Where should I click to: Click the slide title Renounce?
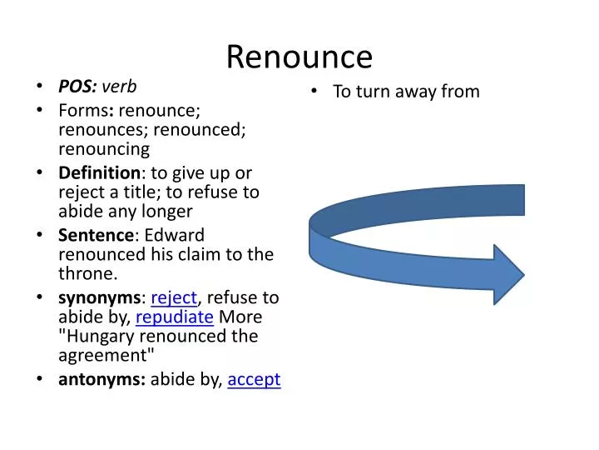[299, 56]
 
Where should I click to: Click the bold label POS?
[77, 86]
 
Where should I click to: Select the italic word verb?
[120, 86]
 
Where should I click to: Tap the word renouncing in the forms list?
[104, 149]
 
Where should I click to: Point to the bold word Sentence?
[94, 235]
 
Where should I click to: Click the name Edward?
[177, 235]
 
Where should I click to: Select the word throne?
[86, 273]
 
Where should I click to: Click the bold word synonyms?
[99, 297]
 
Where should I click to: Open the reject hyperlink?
[174, 297]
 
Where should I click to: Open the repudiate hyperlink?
[175, 317]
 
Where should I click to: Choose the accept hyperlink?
[254, 380]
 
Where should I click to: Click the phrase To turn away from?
[406, 92]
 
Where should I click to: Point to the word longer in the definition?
[166, 212]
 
